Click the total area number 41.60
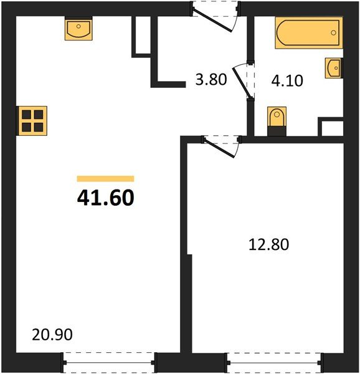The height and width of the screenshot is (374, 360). (x=105, y=198)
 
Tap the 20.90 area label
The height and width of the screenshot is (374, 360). (x=52, y=335)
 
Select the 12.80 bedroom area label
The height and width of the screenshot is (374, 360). (x=268, y=244)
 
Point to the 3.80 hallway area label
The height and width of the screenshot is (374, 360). (x=209, y=80)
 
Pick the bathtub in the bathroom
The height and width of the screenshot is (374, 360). (x=308, y=32)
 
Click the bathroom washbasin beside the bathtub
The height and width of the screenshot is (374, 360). (x=333, y=68)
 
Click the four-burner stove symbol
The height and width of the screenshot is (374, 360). (x=33, y=120)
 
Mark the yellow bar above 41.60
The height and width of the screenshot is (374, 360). (x=105, y=178)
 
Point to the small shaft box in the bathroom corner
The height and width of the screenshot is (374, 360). (x=331, y=128)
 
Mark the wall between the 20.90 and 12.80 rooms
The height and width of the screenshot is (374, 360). (x=186, y=249)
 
